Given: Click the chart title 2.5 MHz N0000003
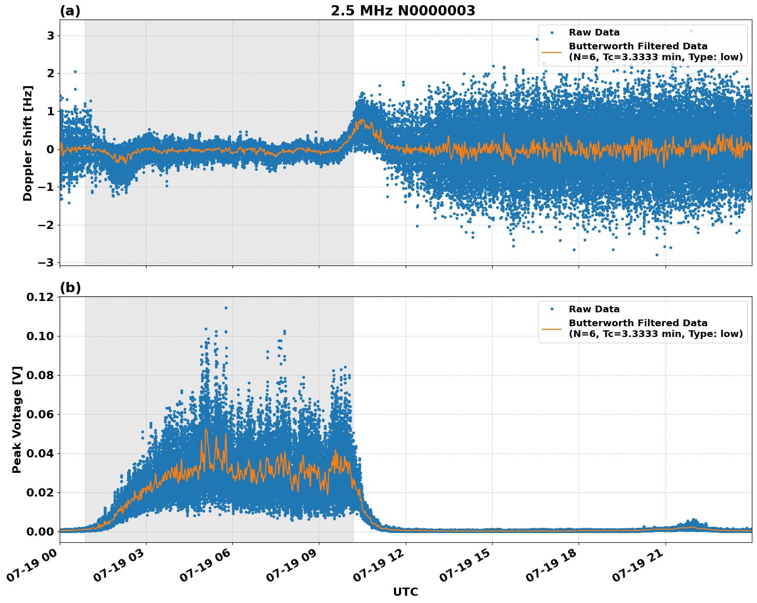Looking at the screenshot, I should tap(403, 11).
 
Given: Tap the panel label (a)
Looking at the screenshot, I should tap(70, 11).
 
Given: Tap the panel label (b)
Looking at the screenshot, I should tap(70, 288).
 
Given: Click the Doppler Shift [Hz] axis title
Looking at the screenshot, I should tap(28, 143).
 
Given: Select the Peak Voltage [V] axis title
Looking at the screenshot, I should tap(17, 419).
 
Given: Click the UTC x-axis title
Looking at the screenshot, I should tap(405, 592).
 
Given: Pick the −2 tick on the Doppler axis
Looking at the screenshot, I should tap(47, 225).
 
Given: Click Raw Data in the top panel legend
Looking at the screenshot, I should tap(594, 32).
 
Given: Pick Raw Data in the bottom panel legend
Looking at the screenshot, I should tap(594, 309).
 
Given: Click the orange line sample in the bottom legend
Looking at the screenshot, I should tap(551, 328).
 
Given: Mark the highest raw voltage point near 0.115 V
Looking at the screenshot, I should tap(226, 308).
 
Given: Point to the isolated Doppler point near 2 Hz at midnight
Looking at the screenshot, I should tap(75, 72).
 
